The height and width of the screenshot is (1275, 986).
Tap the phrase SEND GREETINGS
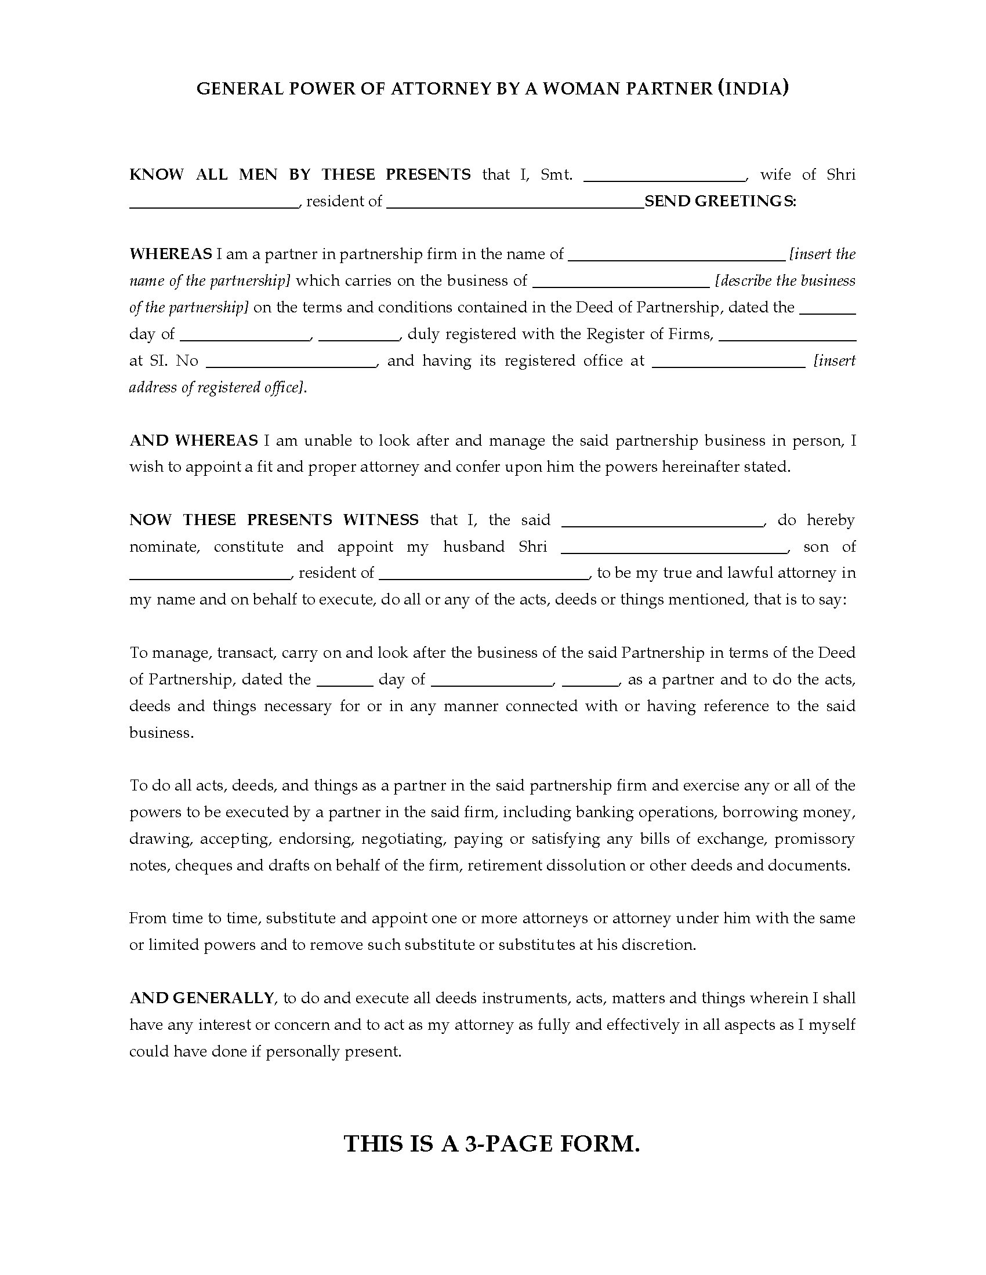720,202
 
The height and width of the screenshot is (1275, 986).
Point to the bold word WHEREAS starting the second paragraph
171,254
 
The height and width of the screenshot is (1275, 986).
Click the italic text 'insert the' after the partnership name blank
822,254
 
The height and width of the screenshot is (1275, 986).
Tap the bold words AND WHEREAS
193,440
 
